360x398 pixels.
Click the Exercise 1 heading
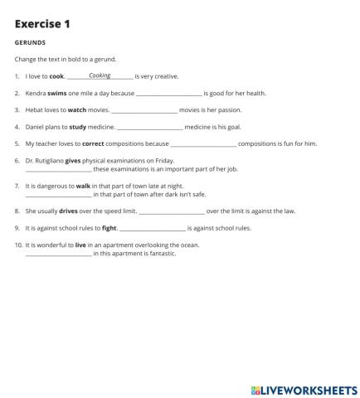42,24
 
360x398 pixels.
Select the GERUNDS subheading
30,42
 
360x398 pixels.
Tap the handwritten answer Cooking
100,75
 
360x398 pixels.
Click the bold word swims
57,93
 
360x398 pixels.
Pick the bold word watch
76,110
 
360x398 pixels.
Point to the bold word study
78,127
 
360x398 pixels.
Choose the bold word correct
93,143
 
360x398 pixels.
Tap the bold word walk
83,186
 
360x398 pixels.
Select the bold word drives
68,211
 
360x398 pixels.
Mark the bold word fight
109,227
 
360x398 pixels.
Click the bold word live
80,245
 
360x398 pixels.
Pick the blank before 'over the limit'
171,211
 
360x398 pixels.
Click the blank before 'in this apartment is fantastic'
58,254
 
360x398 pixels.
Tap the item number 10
19,245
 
